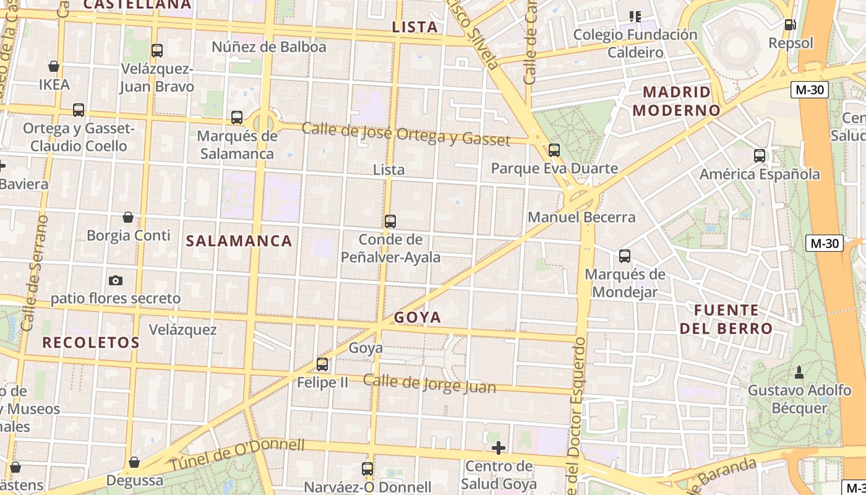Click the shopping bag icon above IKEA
click(x=54, y=66)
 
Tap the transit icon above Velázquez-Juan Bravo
click(x=157, y=51)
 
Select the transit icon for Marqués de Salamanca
click(x=237, y=118)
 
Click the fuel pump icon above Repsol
click(x=790, y=25)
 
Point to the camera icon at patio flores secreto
click(x=116, y=280)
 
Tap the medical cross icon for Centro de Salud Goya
click(x=499, y=448)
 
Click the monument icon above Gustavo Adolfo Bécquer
click(x=799, y=372)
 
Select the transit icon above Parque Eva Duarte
click(x=554, y=150)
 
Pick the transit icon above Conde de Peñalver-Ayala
click(x=390, y=221)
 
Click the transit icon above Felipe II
click(x=322, y=364)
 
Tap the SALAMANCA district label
click(x=239, y=241)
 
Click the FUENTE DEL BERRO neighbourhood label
click(x=726, y=319)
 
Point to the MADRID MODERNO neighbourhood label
click(x=681, y=101)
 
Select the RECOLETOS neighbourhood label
click(x=91, y=343)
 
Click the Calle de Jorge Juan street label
click(x=429, y=384)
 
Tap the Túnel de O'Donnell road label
click(x=238, y=455)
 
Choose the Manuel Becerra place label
click(x=581, y=217)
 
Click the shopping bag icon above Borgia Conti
click(x=128, y=217)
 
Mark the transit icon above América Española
click(x=760, y=156)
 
